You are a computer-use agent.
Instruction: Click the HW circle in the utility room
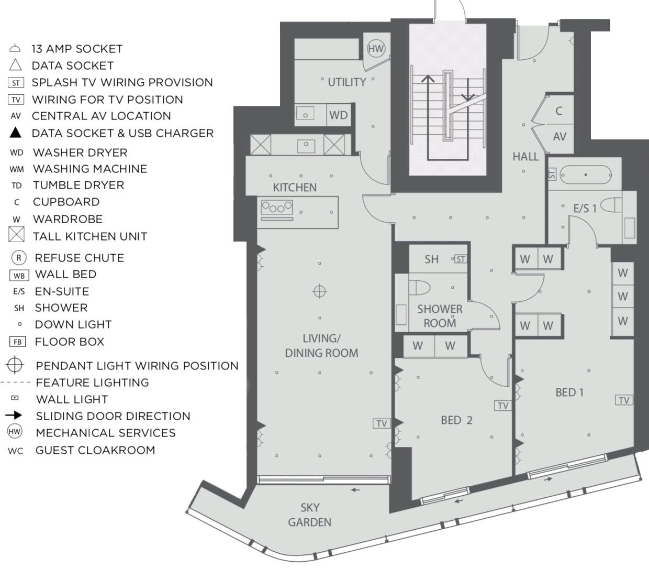click(376, 49)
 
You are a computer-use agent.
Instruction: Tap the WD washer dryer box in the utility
click(339, 115)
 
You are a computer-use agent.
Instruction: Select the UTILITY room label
click(347, 82)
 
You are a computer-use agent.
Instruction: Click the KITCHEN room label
click(295, 187)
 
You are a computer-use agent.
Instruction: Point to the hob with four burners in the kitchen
click(276, 207)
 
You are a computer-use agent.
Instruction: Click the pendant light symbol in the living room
click(319, 291)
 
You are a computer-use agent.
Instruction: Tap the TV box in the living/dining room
click(382, 423)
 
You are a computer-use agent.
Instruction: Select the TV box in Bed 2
click(503, 406)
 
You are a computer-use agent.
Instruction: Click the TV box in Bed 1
click(624, 400)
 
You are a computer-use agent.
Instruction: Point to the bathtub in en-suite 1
click(586, 175)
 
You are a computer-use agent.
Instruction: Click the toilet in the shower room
click(419, 288)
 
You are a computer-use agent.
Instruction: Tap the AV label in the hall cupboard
click(560, 137)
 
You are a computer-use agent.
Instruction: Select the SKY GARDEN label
click(310, 515)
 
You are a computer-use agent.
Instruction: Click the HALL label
click(525, 157)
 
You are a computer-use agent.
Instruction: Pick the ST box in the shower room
click(461, 259)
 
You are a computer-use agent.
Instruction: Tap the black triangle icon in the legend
click(15, 133)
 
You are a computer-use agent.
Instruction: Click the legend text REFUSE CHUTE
click(80, 258)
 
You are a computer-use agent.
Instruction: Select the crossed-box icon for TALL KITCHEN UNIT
click(16, 234)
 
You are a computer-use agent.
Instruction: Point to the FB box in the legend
click(17, 342)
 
